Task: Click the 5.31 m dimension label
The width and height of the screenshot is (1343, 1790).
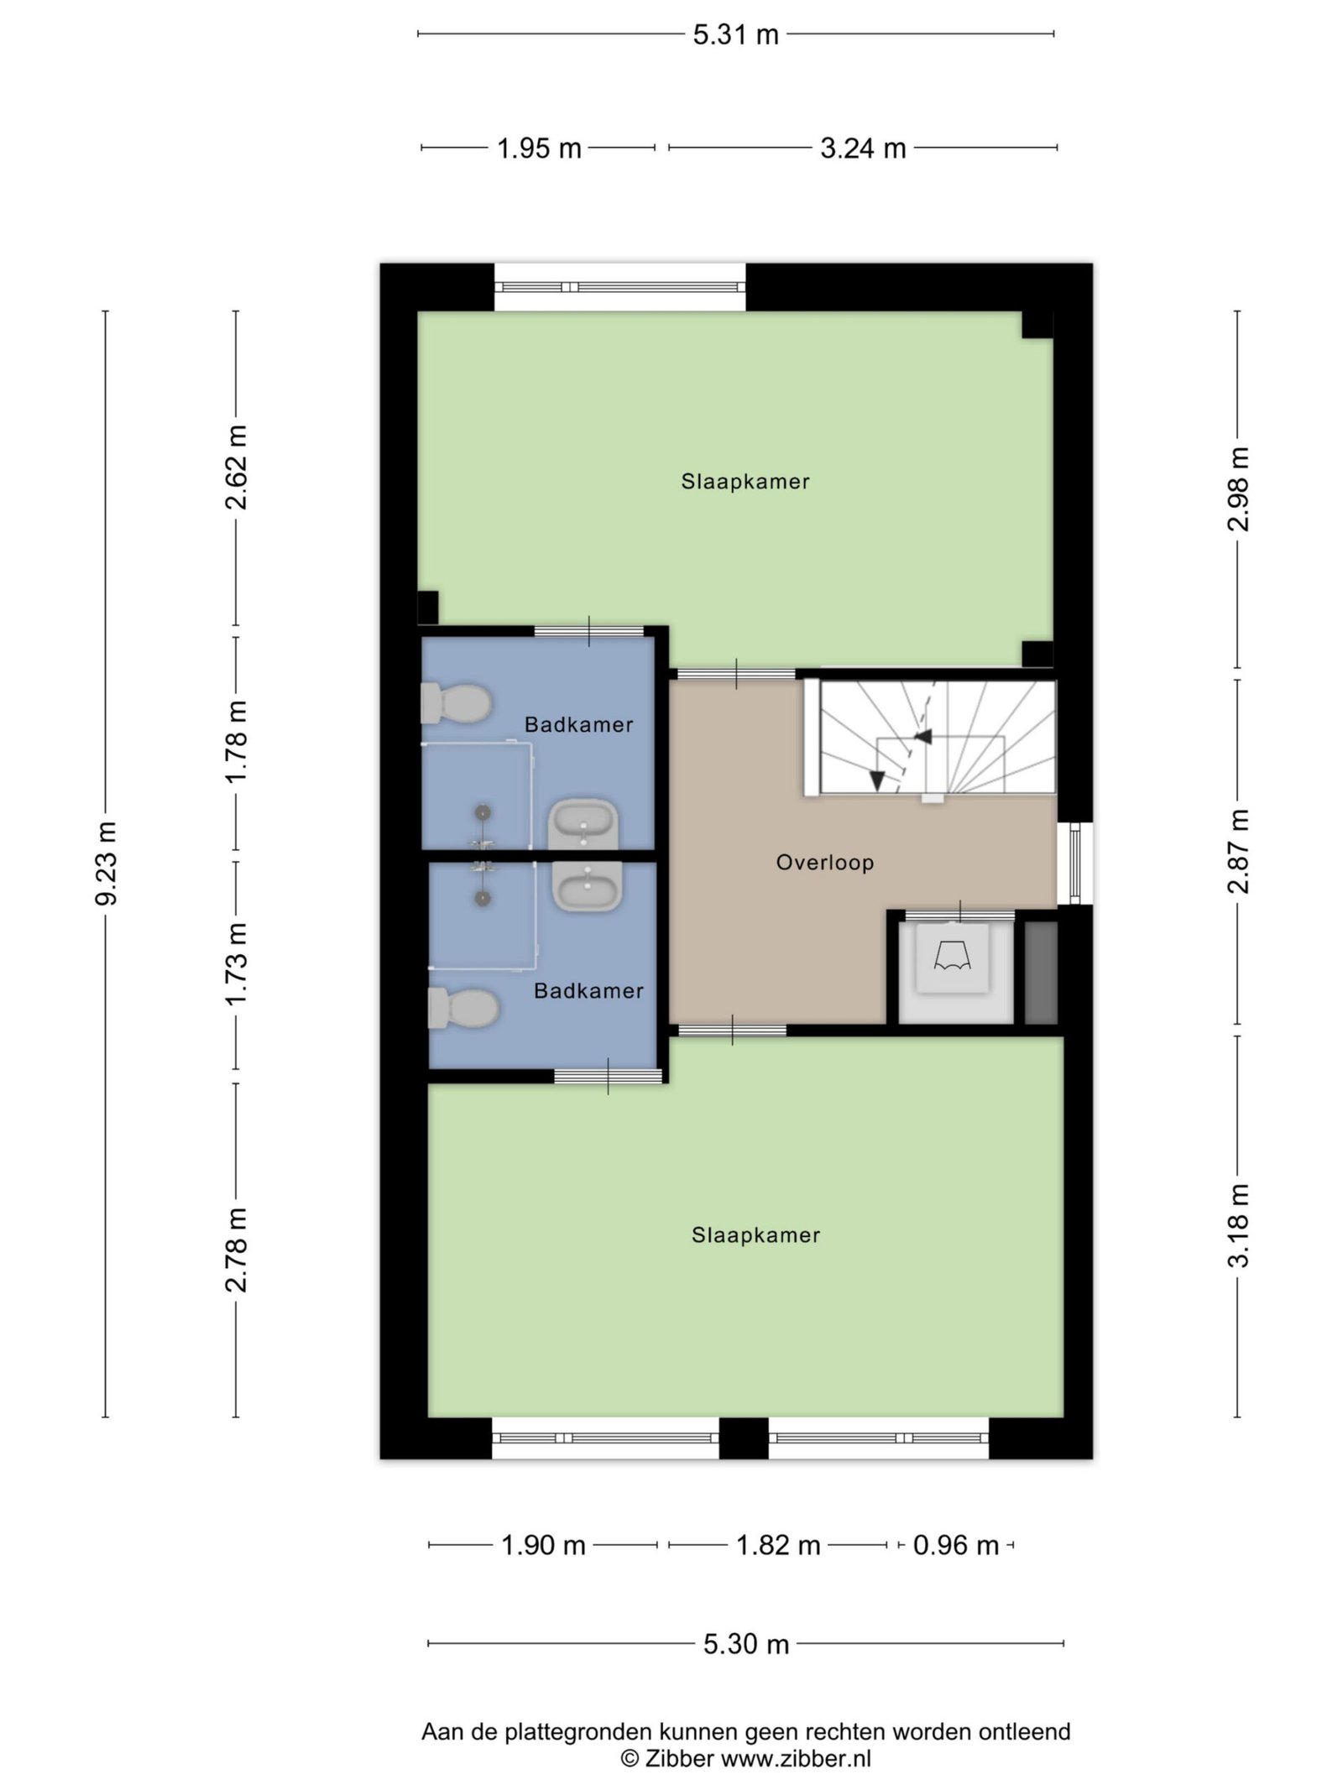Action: (735, 35)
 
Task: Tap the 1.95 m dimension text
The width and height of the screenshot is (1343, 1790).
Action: (539, 149)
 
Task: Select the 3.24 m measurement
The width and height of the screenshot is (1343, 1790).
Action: (863, 149)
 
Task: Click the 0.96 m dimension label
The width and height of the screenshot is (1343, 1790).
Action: (956, 1545)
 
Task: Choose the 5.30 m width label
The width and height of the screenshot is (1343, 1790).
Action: (746, 1644)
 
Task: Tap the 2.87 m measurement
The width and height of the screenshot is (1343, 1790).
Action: (1238, 851)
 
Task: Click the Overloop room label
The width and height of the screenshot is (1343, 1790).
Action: (825, 863)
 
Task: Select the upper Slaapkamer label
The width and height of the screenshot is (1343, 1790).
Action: (745, 482)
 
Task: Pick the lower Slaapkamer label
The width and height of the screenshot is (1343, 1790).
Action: (756, 1235)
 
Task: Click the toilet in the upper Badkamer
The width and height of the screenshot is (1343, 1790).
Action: (456, 703)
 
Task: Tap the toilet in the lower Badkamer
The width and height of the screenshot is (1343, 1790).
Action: (463, 1008)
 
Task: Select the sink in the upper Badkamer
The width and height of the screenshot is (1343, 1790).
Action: (583, 824)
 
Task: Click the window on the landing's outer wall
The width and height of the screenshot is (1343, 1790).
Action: (1075, 864)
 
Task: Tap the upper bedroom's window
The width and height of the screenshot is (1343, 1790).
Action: (619, 287)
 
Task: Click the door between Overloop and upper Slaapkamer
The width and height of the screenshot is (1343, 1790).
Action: (736, 674)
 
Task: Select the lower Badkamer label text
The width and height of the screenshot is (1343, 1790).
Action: (589, 991)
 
